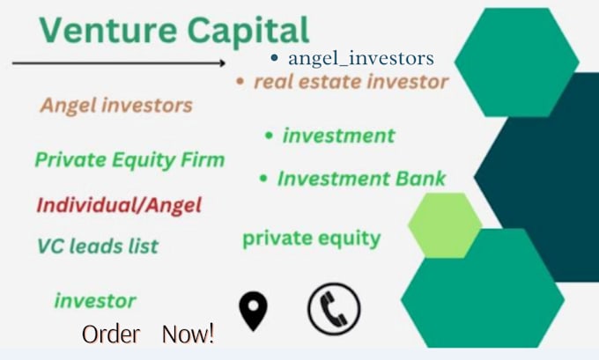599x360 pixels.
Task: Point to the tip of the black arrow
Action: point(226,62)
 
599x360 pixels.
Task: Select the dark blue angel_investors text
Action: point(360,59)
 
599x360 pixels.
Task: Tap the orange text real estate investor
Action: point(351,82)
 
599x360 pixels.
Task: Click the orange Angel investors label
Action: point(115,106)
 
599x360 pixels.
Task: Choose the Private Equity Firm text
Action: point(129,160)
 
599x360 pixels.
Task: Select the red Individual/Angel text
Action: point(119,206)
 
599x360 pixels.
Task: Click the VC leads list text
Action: point(97,246)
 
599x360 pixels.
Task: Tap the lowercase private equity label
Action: point(311,238)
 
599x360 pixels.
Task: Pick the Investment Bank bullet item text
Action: point(361,179)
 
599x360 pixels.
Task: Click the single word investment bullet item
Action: point(338,136)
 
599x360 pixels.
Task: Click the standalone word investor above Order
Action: point(95,301)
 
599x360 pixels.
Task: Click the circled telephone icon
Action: point(334,309)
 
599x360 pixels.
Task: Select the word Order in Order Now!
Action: point(110,334)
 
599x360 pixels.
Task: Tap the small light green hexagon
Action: point(445,225)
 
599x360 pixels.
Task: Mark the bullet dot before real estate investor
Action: point(240,82)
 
